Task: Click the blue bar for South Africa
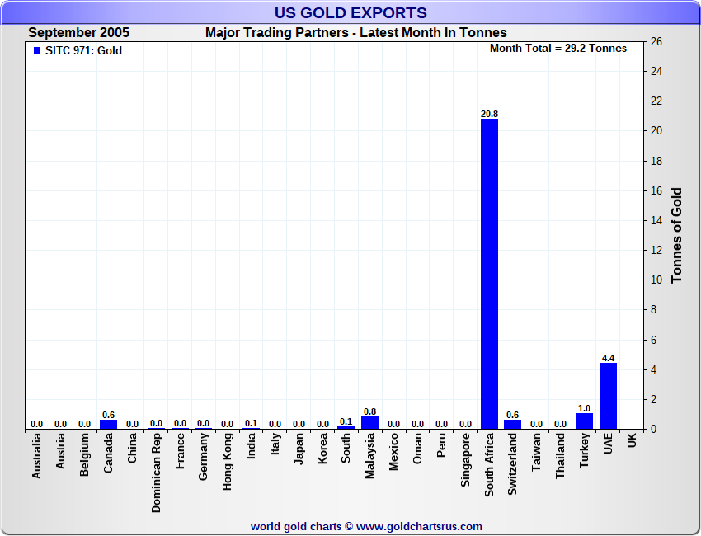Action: click(489, 274)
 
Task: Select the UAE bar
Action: click(608, 396)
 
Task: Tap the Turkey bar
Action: click(584, 421)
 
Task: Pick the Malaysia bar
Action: click(369, 422)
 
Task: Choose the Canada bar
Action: click(108, 424)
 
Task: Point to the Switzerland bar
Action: click(513, 424)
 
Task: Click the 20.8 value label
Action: click(489, 113)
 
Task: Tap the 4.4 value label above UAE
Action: click(608, 358)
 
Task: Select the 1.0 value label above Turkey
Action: click(584, 408)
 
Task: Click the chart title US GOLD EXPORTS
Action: click(350, 12)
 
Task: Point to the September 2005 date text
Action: click(78, 33)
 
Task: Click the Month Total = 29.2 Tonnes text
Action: click(558, 48)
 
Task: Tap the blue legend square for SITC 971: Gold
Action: click(36, 50)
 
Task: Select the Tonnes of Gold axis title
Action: click(677, 235)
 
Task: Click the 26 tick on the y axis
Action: click(656, 41)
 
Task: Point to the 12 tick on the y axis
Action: click(656, 250)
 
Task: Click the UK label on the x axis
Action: click(632, 442)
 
